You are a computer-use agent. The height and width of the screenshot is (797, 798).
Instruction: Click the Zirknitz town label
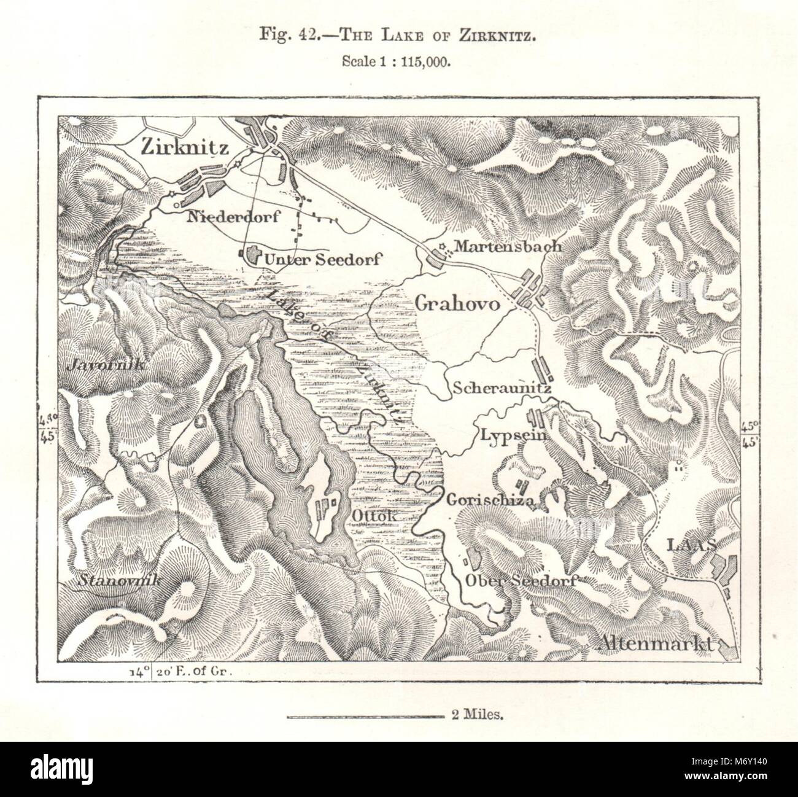coord(176,148)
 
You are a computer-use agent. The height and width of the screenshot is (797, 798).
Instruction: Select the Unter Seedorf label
coord(322,260)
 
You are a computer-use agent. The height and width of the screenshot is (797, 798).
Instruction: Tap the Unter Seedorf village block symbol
coord(252,256)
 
